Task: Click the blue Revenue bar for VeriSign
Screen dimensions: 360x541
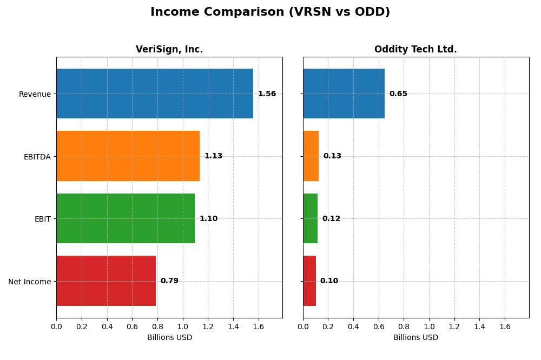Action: click(x=155, y=94)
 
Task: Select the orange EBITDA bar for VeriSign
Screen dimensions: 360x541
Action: click(x=128, y=156)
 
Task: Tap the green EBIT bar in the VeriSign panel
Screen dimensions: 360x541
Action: click(x=126, y=218)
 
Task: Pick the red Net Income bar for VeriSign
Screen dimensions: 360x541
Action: click(x=106, y=281)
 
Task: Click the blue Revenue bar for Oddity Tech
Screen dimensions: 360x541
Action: click(x=344, y=94)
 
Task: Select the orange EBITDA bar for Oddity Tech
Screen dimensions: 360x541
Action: click(x=311, y=156)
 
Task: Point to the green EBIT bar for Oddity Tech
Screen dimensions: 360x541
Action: click(x=311, y=218)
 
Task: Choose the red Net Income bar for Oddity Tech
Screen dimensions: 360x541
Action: click(x=309, y=281)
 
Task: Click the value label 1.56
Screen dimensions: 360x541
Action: click(x=267, y=94)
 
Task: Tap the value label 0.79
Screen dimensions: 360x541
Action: click(x=169, y=281)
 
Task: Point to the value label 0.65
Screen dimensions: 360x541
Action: click(x=398, y=94)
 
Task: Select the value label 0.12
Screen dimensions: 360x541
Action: click(x=331, y=219)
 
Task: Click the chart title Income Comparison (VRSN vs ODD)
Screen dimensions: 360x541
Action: click(x=270, y=12)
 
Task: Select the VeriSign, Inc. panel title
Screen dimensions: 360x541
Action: click(x=169, y=50)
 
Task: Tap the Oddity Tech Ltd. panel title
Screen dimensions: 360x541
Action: click(x=415, y=50)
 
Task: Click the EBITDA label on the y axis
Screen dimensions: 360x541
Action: click(x=37, y=157)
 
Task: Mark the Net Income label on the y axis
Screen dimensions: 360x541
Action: click(x=30, y=282)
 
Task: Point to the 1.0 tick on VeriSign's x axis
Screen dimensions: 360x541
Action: click(x=183, y=326)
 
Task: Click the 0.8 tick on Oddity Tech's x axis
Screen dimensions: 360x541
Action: click(x=404, y=326)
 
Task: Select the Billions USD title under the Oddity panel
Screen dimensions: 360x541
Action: click(x=415, y=338)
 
